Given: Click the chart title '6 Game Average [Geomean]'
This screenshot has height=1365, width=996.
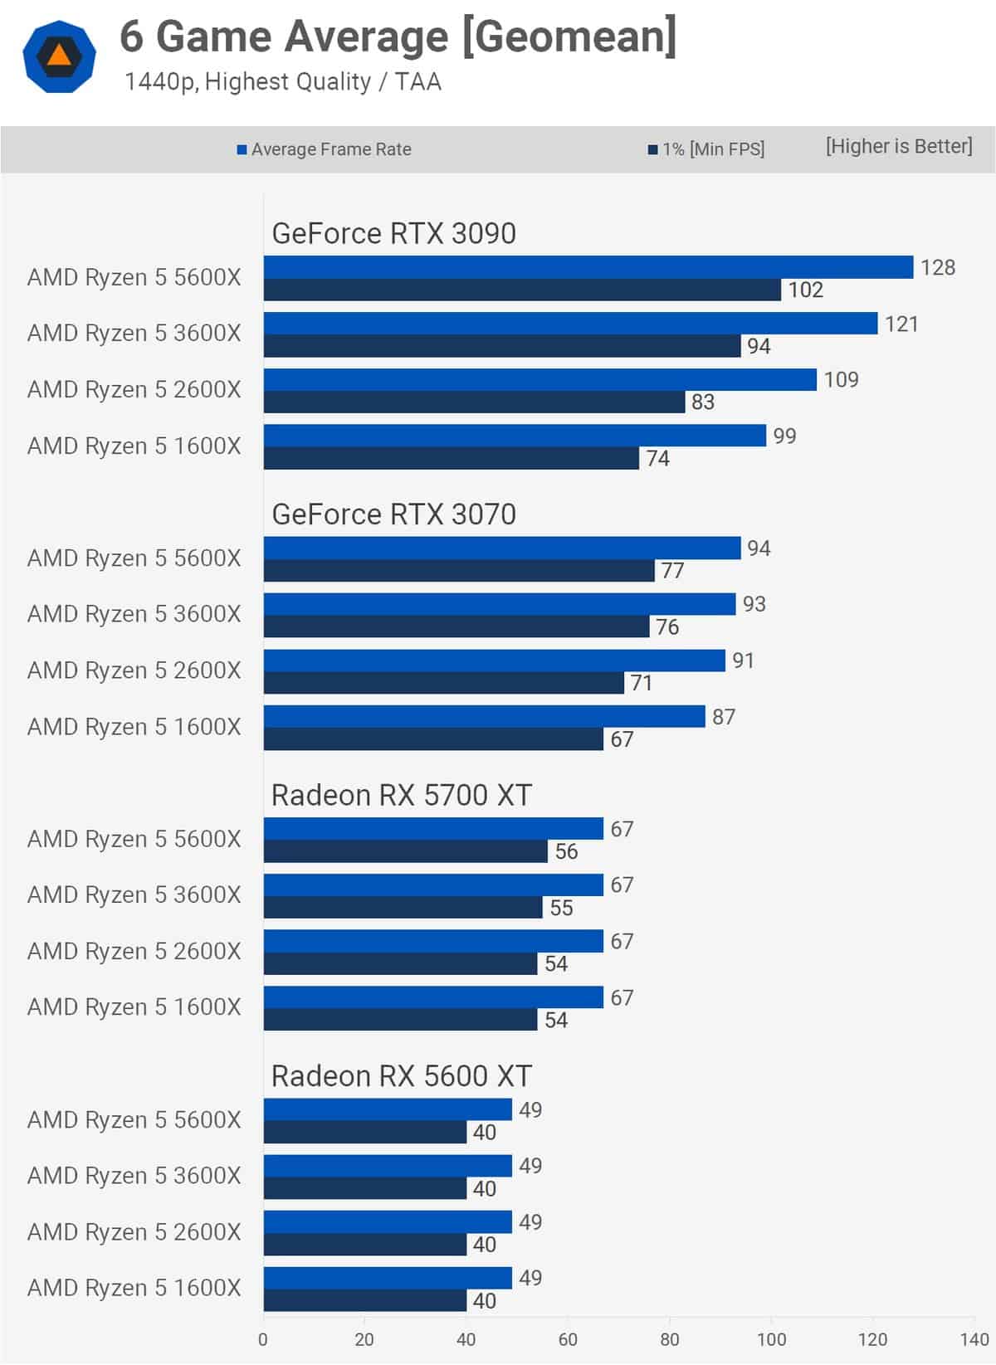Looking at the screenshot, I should tap(398, 37).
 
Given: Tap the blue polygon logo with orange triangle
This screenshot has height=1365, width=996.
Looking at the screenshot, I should tap(59, 56).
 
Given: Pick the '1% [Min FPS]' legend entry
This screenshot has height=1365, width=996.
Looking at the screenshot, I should tap(706, 149).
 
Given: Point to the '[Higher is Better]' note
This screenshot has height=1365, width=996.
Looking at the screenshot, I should tap(898, 147).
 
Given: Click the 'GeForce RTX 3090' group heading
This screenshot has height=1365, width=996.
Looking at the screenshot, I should tap(393, 234).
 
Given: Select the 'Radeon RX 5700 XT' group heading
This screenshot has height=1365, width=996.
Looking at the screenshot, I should tap(401, 796).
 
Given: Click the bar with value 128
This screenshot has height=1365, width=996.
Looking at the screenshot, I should tap(588, 267).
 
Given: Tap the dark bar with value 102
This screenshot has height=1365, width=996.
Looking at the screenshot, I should tap(522, 290).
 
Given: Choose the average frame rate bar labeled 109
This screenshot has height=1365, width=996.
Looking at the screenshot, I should tap(539, 379).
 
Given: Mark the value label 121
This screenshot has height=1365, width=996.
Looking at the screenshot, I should tap(901, 324).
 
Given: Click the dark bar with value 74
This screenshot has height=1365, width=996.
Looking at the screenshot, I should tap(451, 458).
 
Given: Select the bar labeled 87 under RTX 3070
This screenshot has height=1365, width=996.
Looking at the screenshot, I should tap(484, 716).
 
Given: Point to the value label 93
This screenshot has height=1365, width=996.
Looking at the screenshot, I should tap(754, 604).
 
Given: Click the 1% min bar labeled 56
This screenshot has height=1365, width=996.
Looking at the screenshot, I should tap(405, 851).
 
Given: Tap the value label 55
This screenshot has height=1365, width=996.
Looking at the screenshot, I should tap(561, 908).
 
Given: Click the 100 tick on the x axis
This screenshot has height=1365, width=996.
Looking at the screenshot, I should tap(771, 1339).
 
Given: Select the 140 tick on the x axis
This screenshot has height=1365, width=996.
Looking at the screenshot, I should tap(974, 1339).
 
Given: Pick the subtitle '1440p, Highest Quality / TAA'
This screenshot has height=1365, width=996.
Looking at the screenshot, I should tap(282, 82).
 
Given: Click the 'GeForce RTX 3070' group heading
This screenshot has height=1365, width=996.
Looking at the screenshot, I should tap(393, 514).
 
